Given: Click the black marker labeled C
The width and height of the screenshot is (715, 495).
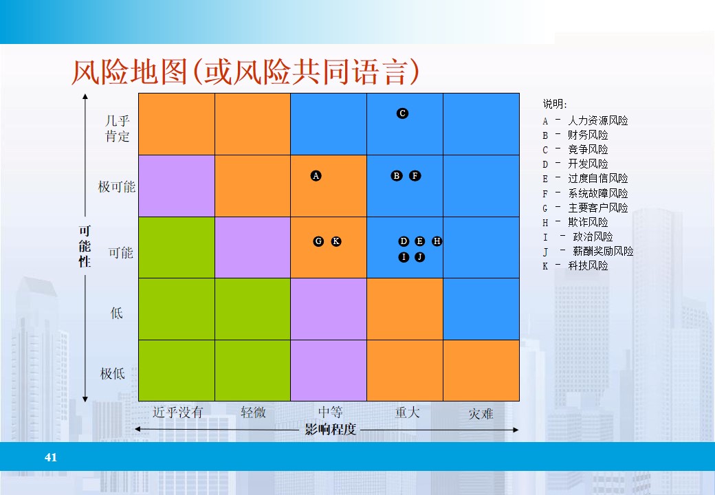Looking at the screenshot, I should click(x=403, y=113).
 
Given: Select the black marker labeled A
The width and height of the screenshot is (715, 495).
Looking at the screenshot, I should click(x=316, y=176).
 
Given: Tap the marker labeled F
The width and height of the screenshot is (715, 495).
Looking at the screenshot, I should click(x=415, y=176).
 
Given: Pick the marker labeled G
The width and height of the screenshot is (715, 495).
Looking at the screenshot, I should click(x=318, y=241).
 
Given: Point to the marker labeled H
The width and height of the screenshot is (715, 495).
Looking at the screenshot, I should click(x=437, y=241).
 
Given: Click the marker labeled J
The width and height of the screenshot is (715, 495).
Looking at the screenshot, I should click(x=419, y=257).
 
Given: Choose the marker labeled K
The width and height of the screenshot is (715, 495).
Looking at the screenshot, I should click(x=336, y=241).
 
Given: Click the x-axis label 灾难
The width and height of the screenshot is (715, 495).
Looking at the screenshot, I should click(x=481, y=414).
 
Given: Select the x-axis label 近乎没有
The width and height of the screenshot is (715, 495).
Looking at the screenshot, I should click(x=177, y=412).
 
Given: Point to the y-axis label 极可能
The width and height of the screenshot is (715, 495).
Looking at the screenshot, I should click(x=117, y=187).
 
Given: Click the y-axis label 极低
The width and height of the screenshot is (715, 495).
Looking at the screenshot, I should click(x=113, y=374).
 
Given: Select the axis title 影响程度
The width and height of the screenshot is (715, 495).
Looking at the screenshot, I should click(x=331, y=430).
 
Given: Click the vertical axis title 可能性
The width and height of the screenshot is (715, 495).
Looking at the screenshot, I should click(x=85, y=247).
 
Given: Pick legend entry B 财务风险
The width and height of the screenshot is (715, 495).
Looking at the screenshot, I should click(x=576, y=135).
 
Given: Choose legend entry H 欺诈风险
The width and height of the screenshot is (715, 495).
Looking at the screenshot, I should click(x=576, y=222).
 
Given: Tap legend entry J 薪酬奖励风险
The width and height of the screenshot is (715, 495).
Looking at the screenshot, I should click(x=588, y=251).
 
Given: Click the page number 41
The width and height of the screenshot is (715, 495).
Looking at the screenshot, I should click(x=50, y=457).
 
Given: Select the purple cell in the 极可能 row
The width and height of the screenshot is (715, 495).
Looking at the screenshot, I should click(x=177, y=186).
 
